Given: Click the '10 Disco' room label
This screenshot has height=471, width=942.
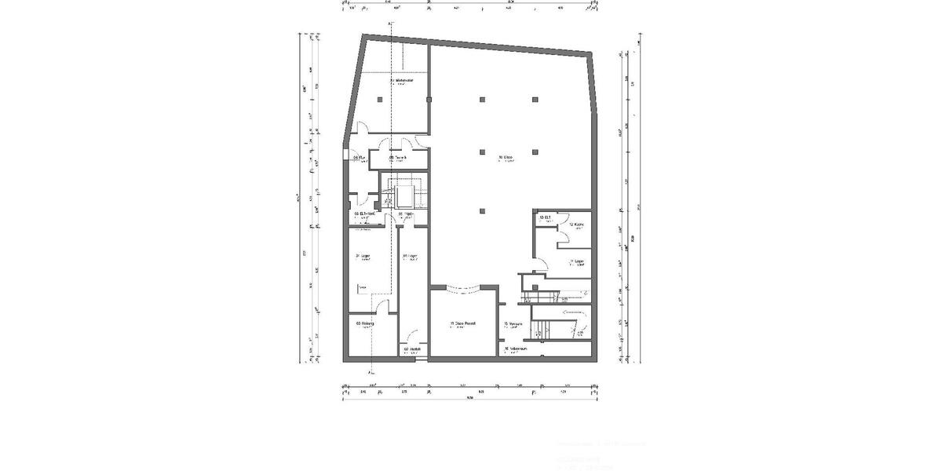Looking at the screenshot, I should click(x=506, y=158).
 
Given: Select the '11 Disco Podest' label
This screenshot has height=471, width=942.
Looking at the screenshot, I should click(x=462, y=323).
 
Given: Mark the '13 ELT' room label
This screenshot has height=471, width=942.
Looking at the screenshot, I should click(x=545, y=217).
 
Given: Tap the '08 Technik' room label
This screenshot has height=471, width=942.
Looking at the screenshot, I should click(x=399, y=157).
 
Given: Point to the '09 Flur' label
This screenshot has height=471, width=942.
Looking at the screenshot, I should click(x=359, y=157).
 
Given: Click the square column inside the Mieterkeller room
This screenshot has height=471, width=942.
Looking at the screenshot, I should click(x=379, y=100).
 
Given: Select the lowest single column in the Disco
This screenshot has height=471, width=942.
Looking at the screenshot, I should click(x=482, y=210).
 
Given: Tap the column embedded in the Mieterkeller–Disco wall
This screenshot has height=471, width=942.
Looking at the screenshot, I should click(x=428, y=100).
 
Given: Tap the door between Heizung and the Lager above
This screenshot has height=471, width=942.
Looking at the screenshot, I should click(x=382, y=309).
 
